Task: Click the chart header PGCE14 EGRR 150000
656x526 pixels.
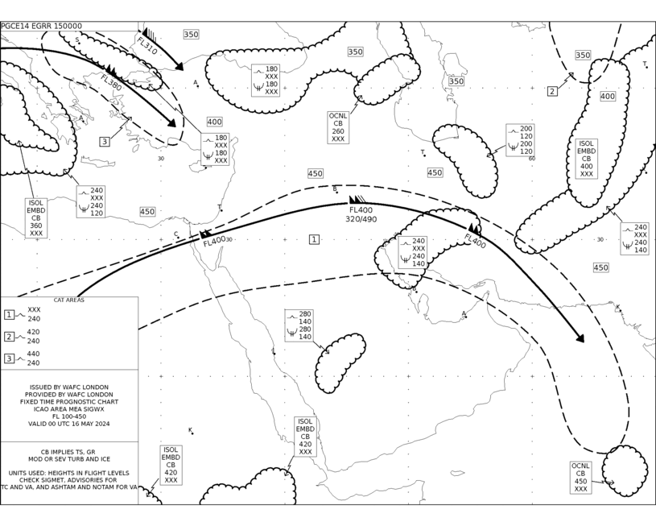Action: pos(41,26)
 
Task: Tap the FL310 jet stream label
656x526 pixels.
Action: pos(146,46)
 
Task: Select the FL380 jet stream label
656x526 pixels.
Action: pos(111,82)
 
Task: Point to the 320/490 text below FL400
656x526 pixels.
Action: pos(361,219)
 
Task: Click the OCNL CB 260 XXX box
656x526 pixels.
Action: pos(338,127)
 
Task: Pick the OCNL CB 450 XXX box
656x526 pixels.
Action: pos(580,478)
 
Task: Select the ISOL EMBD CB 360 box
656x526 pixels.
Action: pos(36,218)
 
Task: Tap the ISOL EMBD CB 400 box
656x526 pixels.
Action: pos(586,159)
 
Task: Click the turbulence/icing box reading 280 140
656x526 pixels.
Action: pos(299,325)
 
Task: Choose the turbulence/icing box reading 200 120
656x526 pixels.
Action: pos(520,140)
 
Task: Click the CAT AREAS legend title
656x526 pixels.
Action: pos(69,300)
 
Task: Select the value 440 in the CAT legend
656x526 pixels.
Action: pos(34,354)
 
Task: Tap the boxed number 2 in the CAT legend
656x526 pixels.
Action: pos(9,337)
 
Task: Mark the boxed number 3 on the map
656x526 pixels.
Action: pos(105,142)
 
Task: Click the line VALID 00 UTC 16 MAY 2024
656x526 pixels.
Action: pos(69,424)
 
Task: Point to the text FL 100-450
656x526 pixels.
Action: pos(69,416)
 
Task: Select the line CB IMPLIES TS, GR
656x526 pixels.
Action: pos(68,452)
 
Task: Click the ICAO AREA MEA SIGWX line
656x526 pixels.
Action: pos(69,408)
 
